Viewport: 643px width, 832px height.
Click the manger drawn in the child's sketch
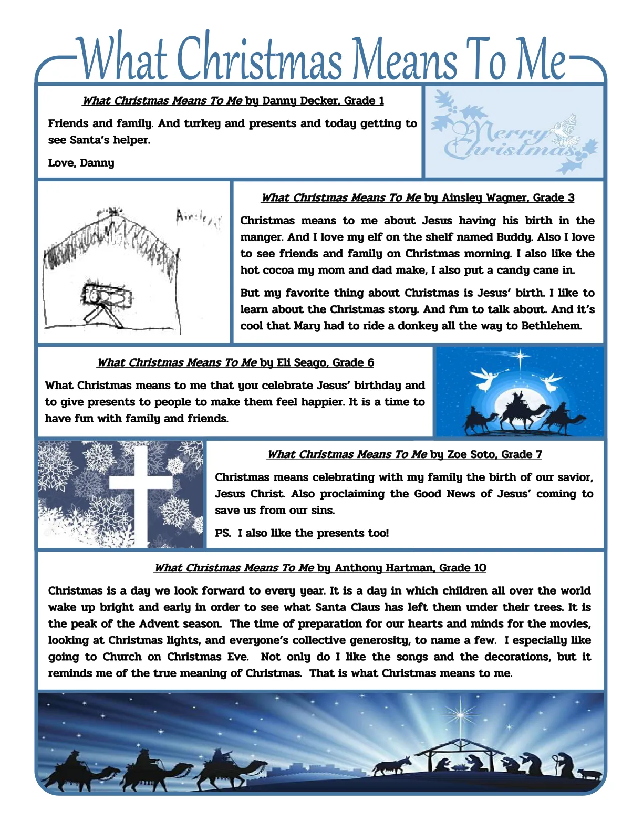[x=107, y=297]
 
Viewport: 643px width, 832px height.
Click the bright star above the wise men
[x=521, y=357]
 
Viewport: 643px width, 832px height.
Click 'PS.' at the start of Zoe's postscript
[x=223, y=533]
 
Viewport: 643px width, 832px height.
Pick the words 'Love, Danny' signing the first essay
[x=81, y=163]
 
